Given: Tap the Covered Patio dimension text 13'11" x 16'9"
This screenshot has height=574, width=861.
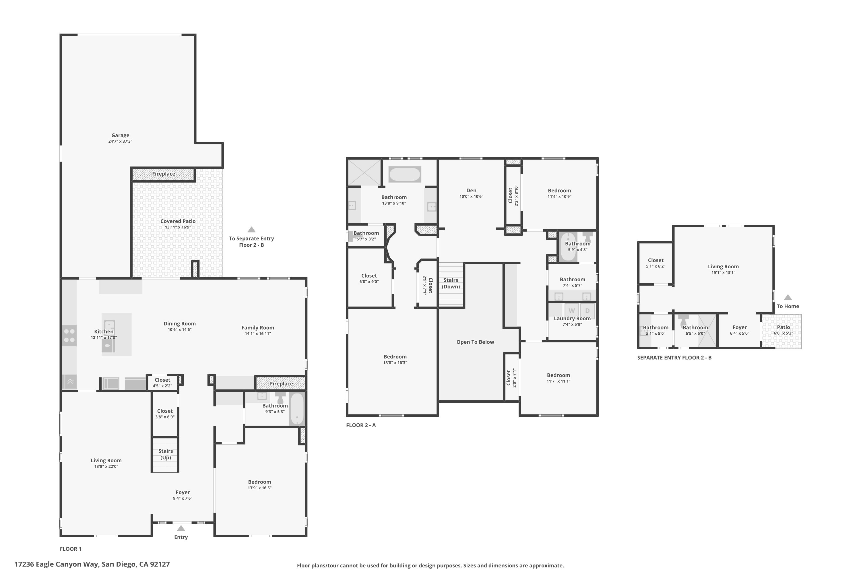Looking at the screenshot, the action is click(178, 227).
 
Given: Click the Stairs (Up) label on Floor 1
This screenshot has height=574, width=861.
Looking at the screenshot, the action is click(166, 454).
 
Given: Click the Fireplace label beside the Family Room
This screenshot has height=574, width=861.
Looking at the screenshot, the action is click(281, 384).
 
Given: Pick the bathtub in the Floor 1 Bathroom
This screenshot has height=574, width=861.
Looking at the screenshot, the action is click(297, 409).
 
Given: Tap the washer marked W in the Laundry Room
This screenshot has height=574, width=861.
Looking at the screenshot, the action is click(571, 311).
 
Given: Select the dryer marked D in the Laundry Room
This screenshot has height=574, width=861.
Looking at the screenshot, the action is click(587, 311).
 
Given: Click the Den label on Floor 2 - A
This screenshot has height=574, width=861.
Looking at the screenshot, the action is click(471, 190).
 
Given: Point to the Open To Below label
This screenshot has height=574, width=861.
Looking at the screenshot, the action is click(475, 342).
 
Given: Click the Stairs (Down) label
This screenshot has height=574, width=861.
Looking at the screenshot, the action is click(451, 283).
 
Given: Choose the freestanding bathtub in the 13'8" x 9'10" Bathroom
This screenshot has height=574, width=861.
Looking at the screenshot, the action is click(404, 174).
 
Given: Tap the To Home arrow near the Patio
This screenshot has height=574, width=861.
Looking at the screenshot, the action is click(788, 297).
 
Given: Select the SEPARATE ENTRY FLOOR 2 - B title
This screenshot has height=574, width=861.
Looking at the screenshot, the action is click(674, 358).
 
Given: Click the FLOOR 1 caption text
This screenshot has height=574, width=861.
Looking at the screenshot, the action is click(71, 549).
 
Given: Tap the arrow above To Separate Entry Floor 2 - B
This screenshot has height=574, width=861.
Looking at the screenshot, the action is click(251, 230).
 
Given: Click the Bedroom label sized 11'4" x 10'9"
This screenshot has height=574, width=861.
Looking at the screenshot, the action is click(559, 190).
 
